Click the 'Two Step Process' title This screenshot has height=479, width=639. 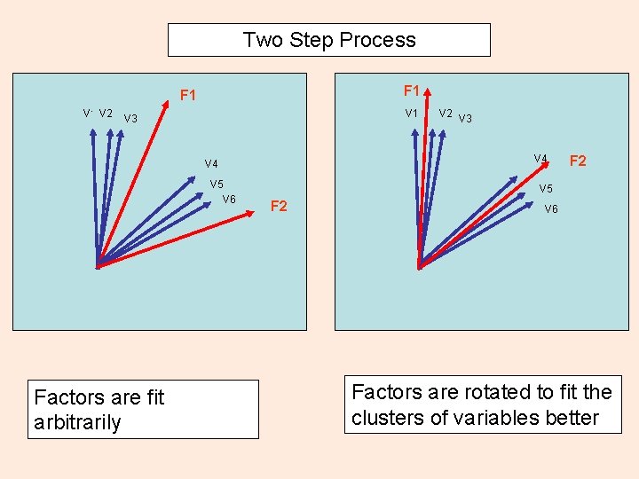tap(328, 40)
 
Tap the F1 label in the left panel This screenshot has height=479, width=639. tap(187, 95)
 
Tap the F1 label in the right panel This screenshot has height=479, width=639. tap(412, 90)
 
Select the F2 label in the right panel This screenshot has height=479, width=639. tap(578, 161)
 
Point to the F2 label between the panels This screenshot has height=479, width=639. tap(279, 206)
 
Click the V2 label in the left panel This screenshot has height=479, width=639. tap(106, 113)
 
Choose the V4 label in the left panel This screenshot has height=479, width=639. tap(211, 163)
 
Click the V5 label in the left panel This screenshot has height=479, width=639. tap(217, 184)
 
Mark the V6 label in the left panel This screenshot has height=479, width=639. tap(229, 199)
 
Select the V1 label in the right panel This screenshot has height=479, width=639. tap(412, 113)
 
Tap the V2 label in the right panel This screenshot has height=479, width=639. tap(446, 113)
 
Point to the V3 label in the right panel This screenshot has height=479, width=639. tap(466, 118)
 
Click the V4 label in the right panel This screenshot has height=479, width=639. tap(540, 159)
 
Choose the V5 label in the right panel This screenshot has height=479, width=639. tap(546, 189)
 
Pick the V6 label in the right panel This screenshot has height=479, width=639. tap(551, 208)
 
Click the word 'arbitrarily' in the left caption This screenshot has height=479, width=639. tap(77, 421)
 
